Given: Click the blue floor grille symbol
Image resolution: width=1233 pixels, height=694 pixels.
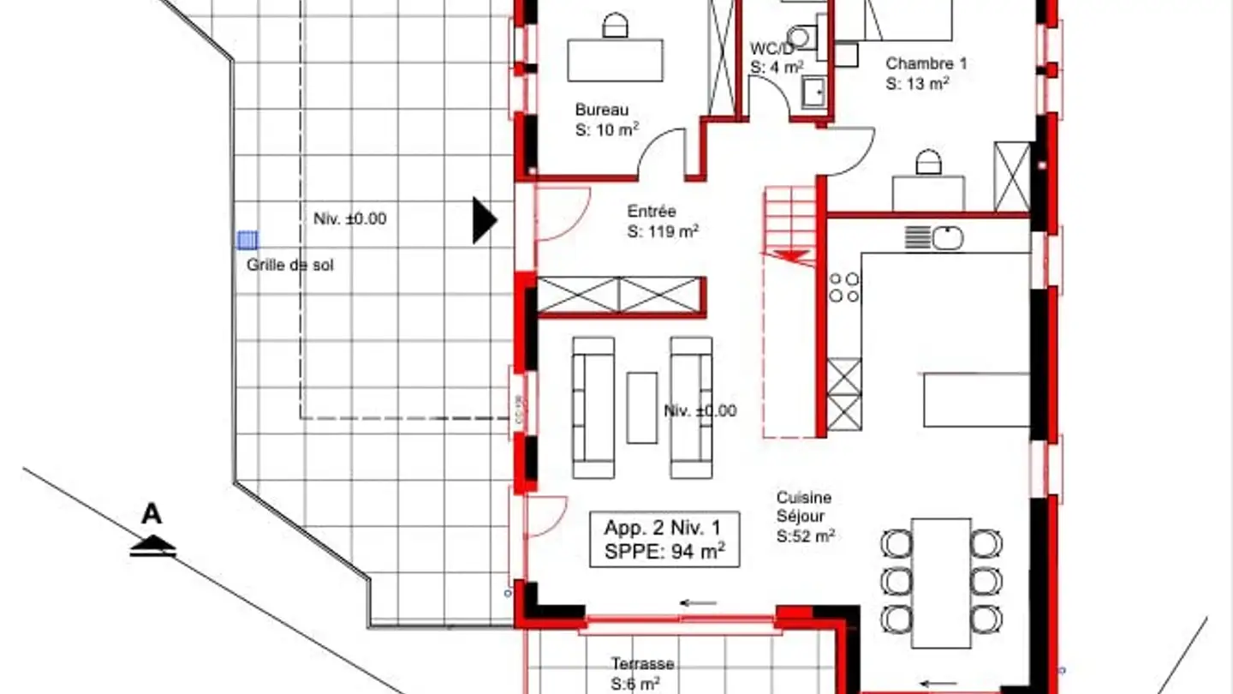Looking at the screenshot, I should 247,240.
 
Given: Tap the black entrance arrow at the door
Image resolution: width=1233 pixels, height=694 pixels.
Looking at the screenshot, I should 484,220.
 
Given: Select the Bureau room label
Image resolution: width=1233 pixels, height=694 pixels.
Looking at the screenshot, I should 602,110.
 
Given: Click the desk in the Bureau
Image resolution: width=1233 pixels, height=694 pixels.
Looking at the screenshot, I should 615,60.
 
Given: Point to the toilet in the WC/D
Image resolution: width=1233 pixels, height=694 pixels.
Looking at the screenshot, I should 801,37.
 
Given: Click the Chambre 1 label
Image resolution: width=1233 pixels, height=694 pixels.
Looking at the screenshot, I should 926,63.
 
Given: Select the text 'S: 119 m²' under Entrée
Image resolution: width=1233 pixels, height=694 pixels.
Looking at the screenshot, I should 663,231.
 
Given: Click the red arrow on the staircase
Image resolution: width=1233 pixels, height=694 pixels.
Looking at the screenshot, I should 789,255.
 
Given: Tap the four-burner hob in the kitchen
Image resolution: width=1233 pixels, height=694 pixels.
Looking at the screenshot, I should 843,287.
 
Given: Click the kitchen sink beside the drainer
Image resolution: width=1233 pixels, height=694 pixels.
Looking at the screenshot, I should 948,237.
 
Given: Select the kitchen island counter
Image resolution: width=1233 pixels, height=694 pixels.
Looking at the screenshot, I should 975,399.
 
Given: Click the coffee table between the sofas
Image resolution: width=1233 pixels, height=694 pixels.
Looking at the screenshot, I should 641,408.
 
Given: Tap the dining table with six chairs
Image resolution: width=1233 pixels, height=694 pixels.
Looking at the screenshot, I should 941,582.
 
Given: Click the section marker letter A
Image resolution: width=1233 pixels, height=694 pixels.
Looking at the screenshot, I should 152,515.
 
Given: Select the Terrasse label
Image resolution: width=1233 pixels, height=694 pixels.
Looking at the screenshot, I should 642,664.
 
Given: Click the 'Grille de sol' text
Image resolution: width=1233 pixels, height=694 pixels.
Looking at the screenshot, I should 290,266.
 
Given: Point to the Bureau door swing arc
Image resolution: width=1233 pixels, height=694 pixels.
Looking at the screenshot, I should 661,146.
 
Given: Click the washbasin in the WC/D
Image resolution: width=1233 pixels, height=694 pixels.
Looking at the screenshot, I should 814,91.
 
